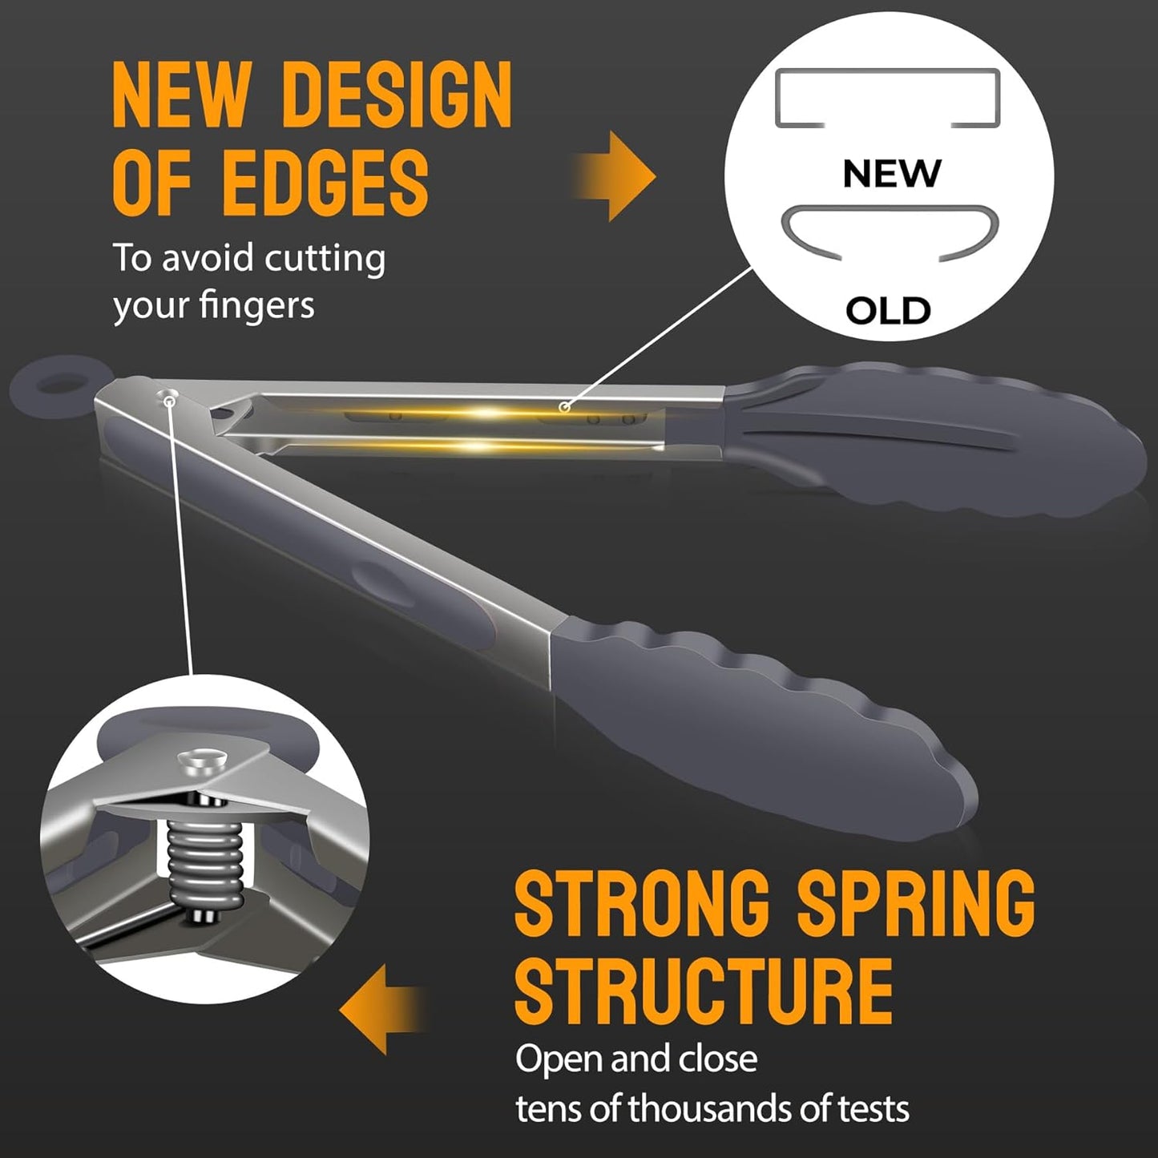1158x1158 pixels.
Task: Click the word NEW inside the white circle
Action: click(x=891, y=173)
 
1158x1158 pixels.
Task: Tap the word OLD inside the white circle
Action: click(x=888, y=310)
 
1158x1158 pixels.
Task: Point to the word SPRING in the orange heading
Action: click(x=915, y=903)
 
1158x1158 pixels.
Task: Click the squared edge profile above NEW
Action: click(x=887, y=99)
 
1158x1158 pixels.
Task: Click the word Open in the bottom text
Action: click(x=559, y=1059)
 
